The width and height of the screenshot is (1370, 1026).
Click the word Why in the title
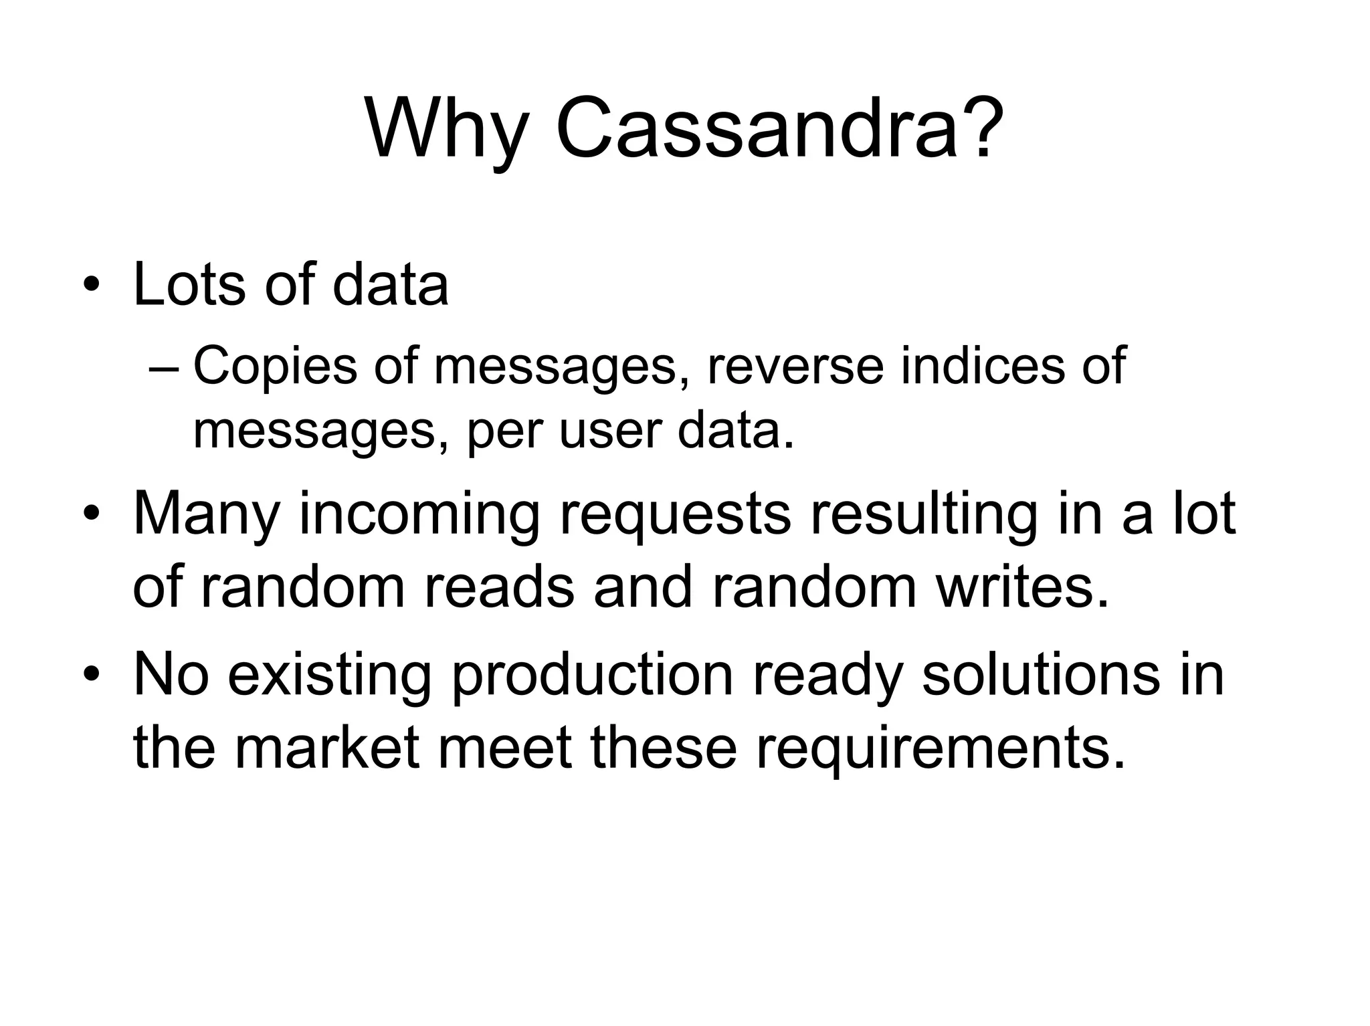pyautogui.click(x=446, y=128)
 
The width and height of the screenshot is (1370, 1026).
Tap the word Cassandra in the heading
pyautogui.click(x=756, y=128)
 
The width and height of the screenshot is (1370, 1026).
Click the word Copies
pyautogui.click(x=275, y=367)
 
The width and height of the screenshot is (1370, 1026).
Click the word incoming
pyautogui.click(x=419, y=515)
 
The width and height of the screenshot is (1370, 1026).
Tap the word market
pyautogui.click(x=328, y=747)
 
